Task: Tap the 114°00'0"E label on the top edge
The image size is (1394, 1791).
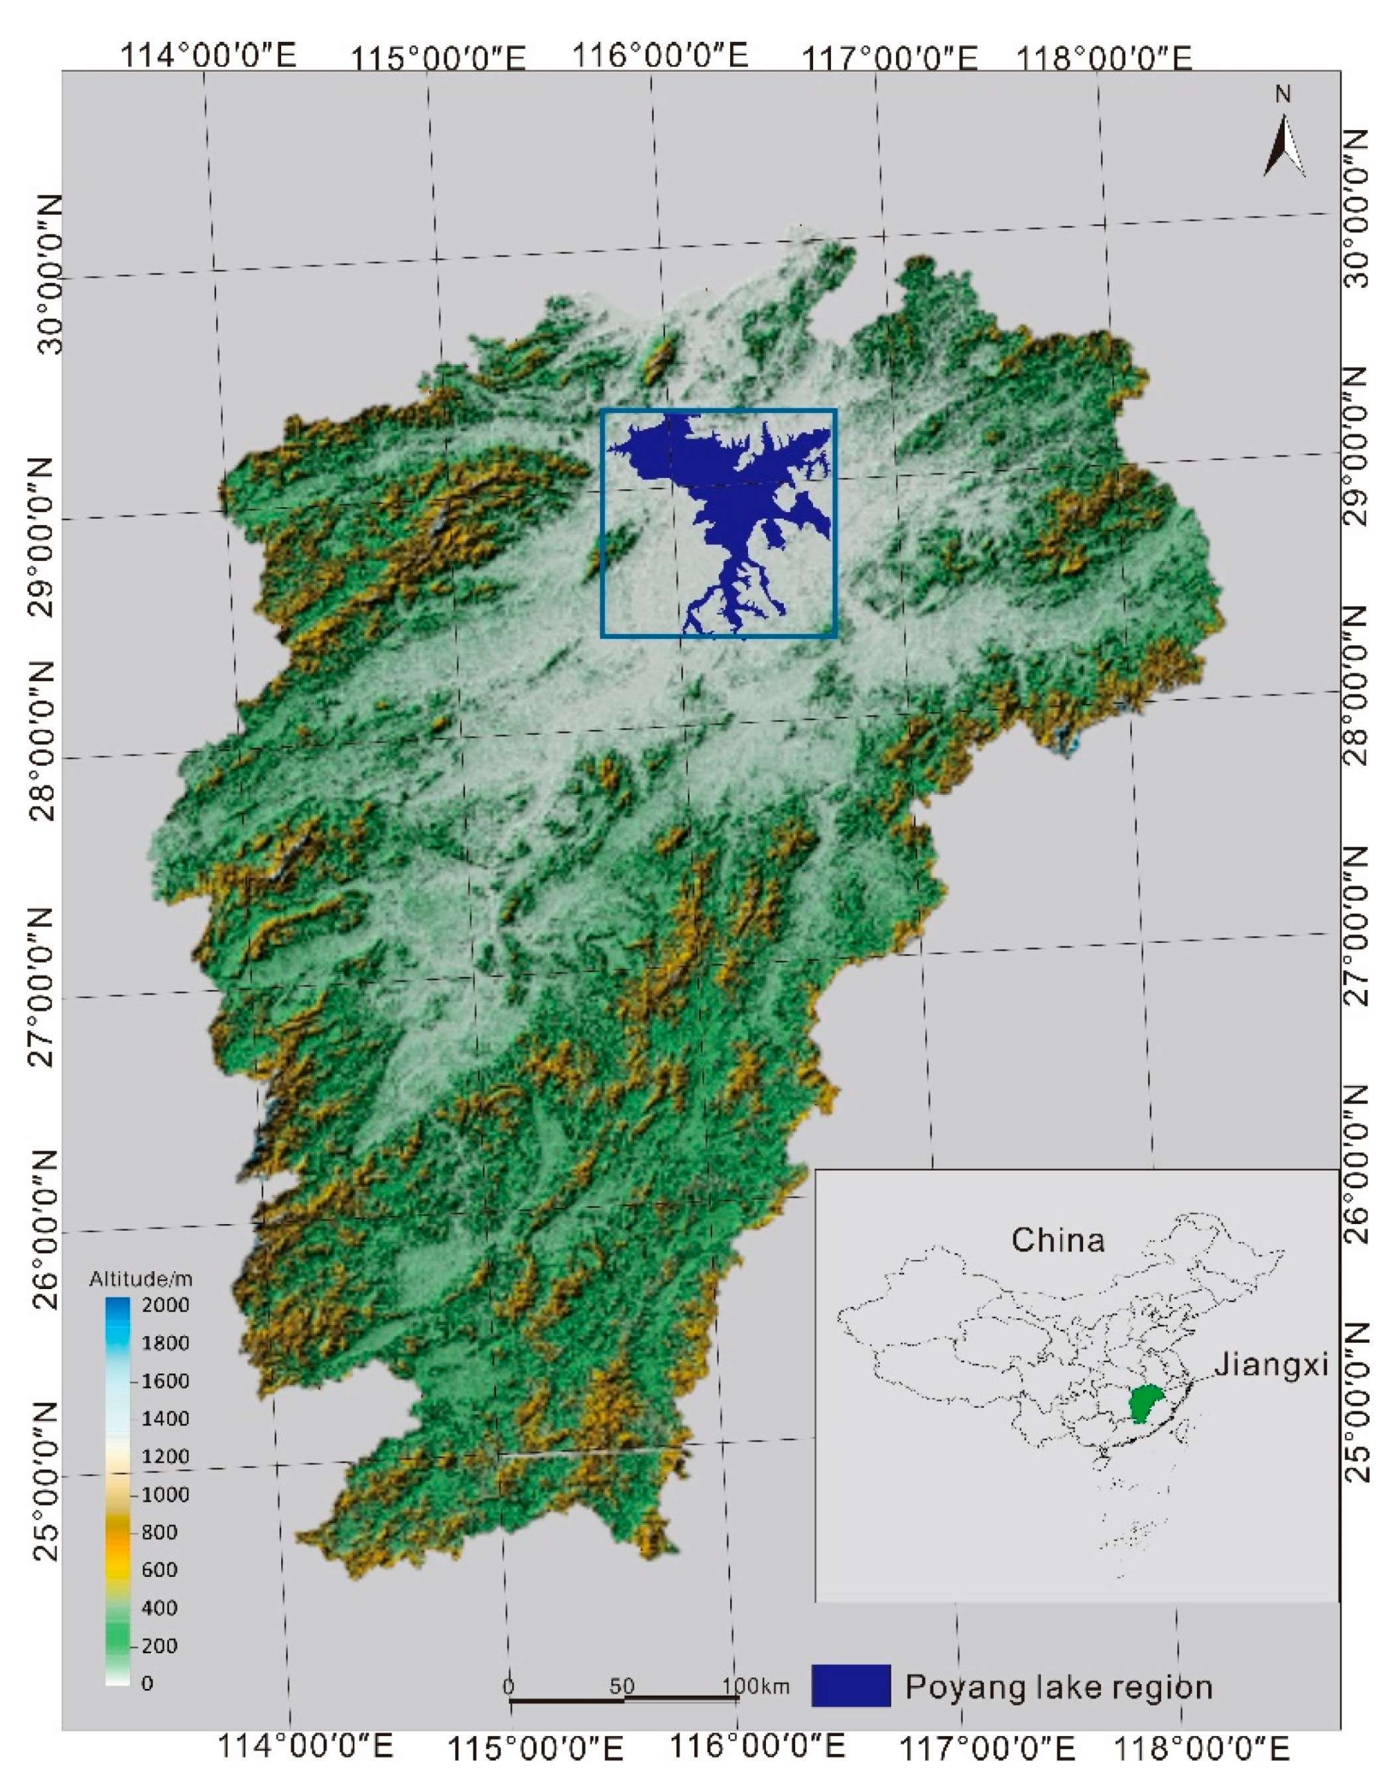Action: click(209, 56)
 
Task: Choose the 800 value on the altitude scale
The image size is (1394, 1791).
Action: click(160, 1532)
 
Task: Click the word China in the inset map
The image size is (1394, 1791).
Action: click(1057, 1240)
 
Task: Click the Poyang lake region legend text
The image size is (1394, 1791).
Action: click(1058, 1687)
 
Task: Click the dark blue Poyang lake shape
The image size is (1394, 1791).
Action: click(722, 492)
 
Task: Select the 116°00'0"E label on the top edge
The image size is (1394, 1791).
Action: click(659, 56)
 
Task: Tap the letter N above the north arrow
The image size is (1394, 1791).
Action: click(1283, 95)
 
